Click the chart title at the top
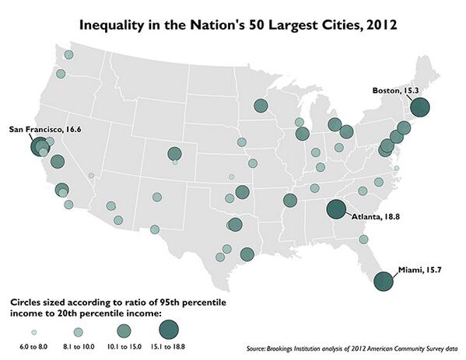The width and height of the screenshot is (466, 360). tap(233, 24)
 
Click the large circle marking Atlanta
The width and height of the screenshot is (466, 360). tap(336, 208)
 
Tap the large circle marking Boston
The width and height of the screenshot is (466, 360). tap(420, 107)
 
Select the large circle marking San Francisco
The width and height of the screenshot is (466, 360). tap(40, 146)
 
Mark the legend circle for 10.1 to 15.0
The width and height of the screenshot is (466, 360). tap(124, 330)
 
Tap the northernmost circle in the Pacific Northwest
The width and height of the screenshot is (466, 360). tap(68, 54)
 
